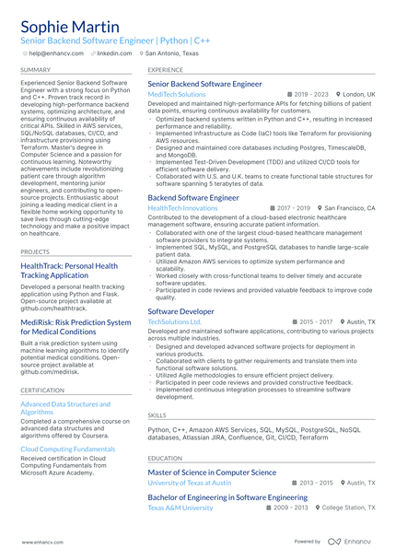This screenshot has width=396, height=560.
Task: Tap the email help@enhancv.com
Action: coord(58,53)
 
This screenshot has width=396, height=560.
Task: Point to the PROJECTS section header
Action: coord(35,251)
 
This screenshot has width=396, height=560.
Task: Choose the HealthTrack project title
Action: coord(68,271)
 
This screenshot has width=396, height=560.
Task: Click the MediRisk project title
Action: coord(76,327)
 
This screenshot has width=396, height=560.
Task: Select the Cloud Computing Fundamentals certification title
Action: coord(69,449)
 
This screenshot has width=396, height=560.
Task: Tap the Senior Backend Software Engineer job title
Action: coord(204,84)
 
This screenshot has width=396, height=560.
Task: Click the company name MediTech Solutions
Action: coord(177,94)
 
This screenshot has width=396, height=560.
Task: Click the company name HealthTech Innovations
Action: coord(182,208)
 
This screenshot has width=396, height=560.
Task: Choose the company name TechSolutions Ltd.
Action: coord(175,321)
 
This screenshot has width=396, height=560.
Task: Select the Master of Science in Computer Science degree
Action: coord(212,472)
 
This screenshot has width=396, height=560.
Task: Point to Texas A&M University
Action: coord(181,507)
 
